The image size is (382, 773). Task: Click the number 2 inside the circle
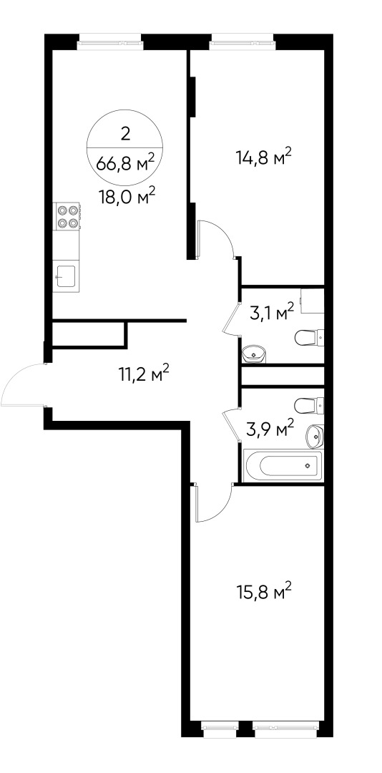(x=126, y=132)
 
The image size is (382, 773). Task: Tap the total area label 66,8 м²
(x=126, y=164)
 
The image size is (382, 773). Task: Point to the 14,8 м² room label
(x=264, y=157)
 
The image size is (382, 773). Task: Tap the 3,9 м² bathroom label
(x=271, y=429)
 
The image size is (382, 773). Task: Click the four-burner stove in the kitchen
(x=67, y=216)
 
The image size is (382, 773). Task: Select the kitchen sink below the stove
(x=67, y=275)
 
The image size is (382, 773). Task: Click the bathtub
(x=283, y=466)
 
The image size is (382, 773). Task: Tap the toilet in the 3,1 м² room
(x=310, y=336)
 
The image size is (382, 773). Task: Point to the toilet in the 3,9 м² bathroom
(x=310, y=406)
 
